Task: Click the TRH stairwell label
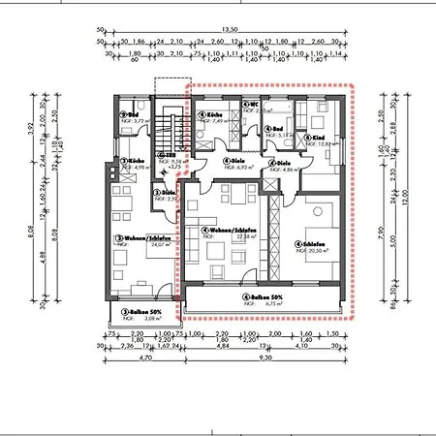168,155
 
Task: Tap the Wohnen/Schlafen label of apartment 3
133,237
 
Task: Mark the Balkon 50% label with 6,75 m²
264,296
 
